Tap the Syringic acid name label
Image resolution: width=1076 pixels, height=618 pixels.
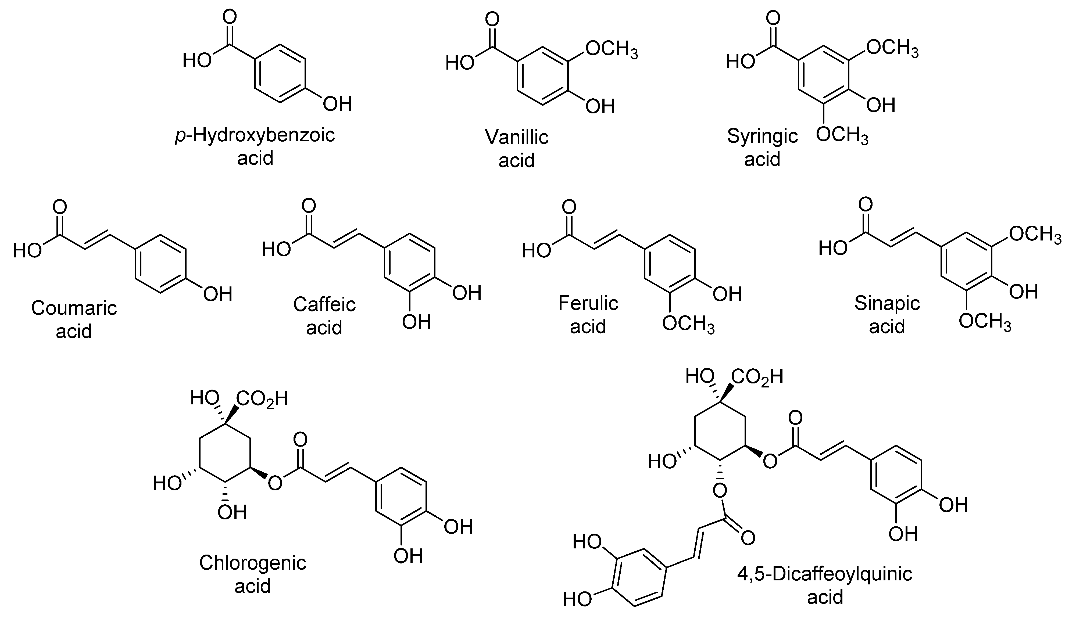pos(762,147)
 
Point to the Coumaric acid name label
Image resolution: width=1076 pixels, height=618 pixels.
pos(74,319)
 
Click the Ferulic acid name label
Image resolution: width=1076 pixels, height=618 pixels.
pos(588,315)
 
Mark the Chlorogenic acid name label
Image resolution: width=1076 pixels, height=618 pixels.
pos(253,574)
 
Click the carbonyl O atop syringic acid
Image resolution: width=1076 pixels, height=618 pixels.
pos(773,19)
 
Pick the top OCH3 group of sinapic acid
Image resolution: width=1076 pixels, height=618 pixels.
pos(1035,234)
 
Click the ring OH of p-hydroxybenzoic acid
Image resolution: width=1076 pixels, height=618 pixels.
pos(338,103)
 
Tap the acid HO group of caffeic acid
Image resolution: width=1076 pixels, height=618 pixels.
pos(276,249)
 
